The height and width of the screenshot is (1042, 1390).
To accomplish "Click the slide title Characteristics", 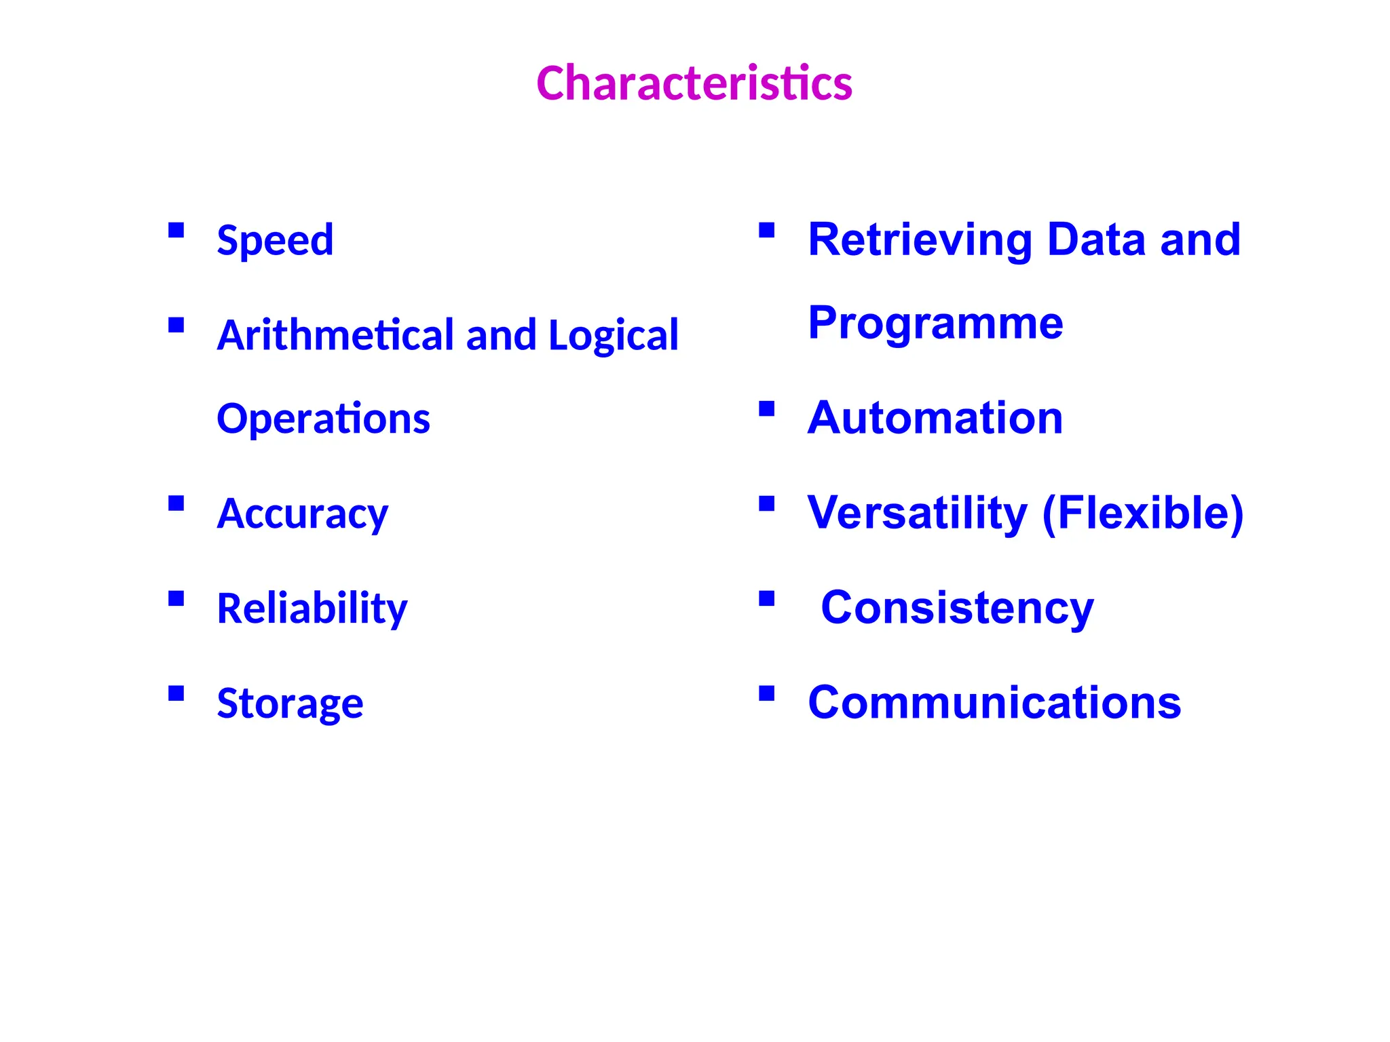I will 694,83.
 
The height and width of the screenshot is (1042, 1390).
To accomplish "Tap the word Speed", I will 275,240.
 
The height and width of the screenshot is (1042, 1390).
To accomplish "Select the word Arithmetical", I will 335,335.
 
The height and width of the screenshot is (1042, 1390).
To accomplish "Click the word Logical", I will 613,335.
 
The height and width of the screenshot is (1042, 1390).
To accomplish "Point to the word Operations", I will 323,419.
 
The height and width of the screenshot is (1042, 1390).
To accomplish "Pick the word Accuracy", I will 302,514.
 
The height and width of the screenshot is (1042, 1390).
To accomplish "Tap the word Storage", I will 290,703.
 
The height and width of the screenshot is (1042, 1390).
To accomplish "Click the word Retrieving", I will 920,240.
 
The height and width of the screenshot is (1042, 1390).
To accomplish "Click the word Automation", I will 935,418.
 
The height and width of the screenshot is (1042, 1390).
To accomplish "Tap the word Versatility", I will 917,513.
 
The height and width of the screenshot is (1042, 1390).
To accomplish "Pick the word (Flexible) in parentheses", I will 1142,513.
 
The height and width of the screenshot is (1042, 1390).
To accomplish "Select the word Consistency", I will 957,608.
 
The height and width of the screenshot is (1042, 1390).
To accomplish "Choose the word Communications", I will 994,703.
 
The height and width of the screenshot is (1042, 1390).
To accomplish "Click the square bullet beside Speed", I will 176,231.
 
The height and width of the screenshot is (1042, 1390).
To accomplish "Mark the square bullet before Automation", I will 767,408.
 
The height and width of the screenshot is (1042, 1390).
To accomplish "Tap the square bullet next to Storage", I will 176,693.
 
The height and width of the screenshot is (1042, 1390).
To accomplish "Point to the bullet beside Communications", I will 767,693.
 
